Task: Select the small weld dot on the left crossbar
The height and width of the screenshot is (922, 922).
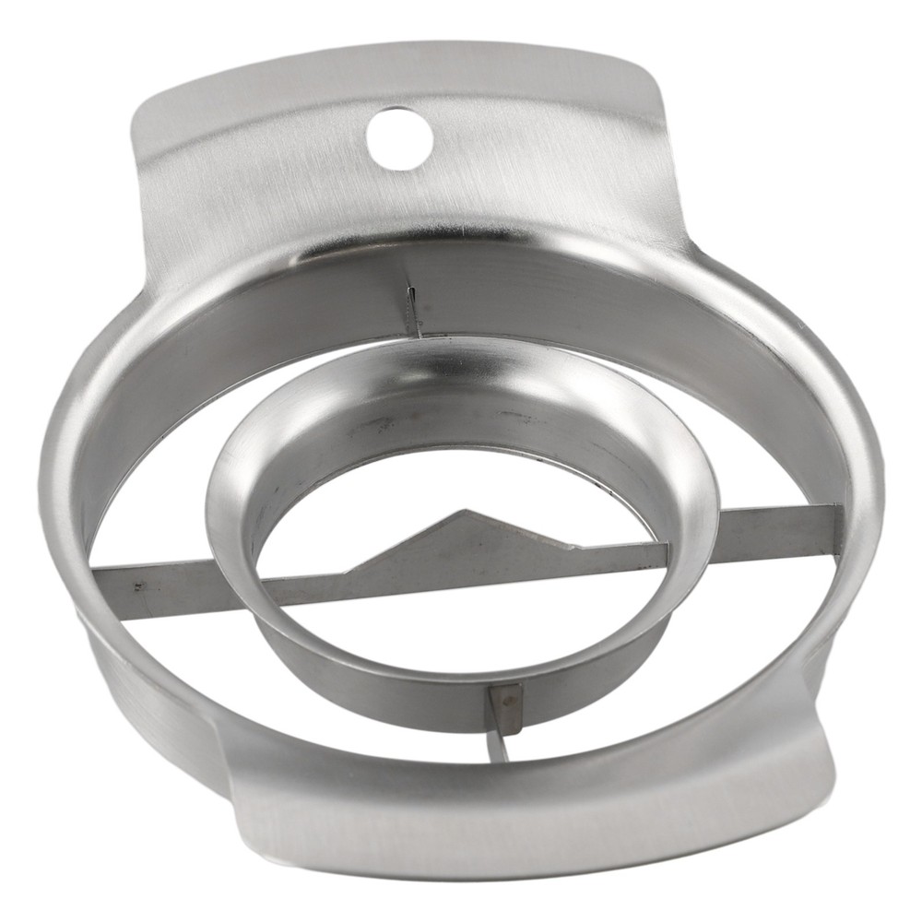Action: [x=137, y=585]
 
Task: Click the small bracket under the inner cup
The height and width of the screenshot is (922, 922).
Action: [x=504, y=703]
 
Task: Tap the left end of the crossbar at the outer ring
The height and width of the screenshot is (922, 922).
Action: [x=98, y=589]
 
